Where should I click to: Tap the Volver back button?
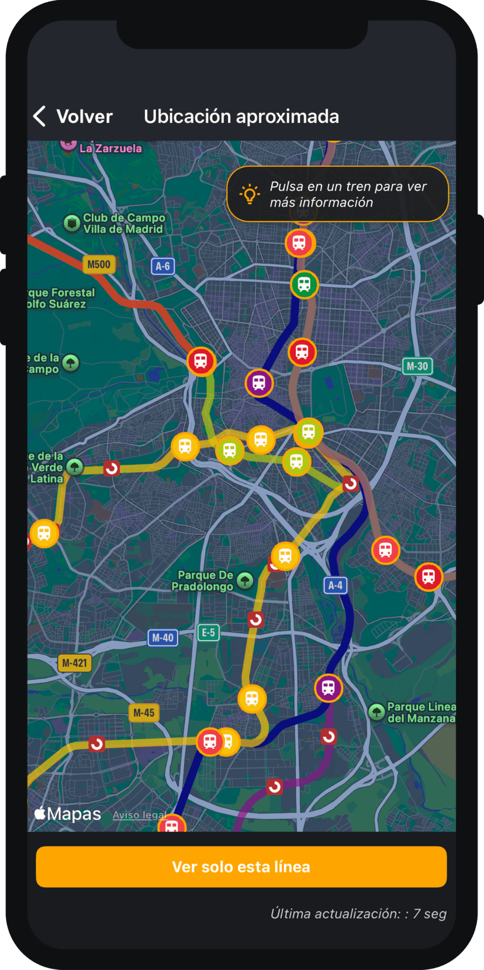(73, 116)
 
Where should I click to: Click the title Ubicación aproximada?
(241, 116)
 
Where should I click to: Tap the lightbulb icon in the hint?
(250, 194)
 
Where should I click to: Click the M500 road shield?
(99, 264)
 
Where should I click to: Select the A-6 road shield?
(163, 267)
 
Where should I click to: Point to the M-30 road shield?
(417, 366)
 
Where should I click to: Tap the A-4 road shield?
(336, 585)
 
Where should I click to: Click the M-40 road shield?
(163, 638)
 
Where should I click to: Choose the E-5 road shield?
(209, 632)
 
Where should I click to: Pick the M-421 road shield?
(74, 663)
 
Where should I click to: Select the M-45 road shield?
(144, 713)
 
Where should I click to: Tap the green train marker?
(304, 285)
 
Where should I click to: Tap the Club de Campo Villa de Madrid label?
(123, 223)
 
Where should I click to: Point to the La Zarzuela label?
(110, 149)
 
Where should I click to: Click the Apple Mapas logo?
(68, 814)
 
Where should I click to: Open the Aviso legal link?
(139, 815)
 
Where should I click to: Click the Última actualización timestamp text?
(358, 914)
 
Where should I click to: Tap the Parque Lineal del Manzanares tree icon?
(377, 712)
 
